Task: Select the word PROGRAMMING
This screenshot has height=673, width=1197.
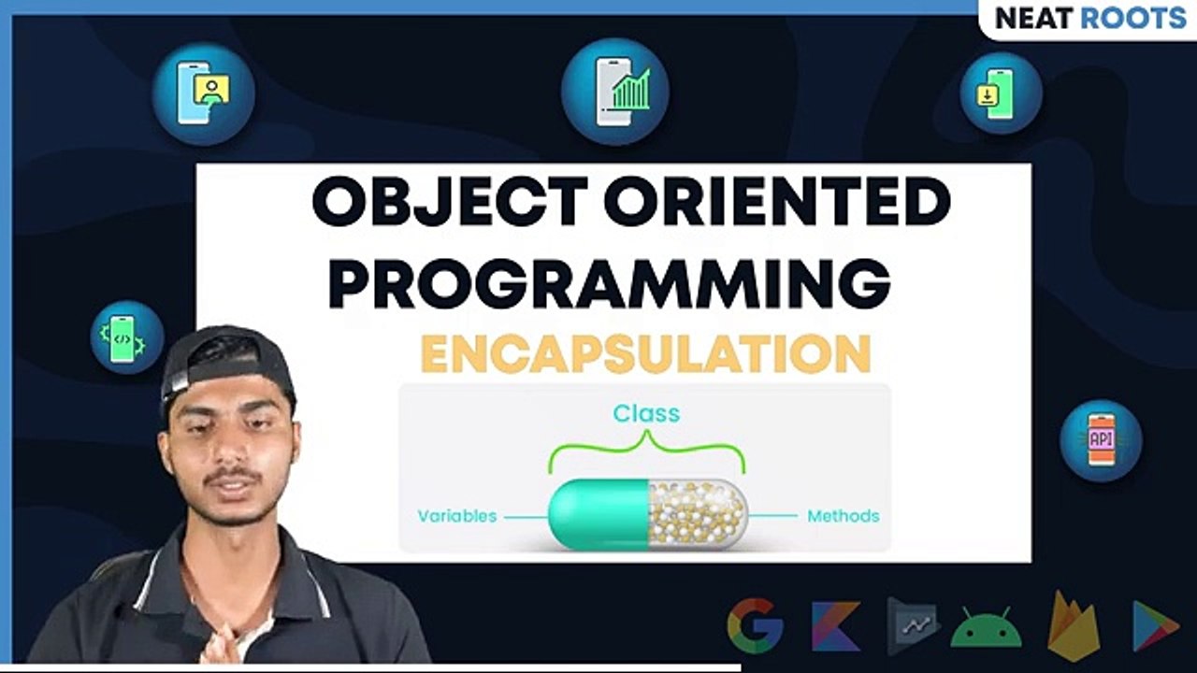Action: click(x=609, y=285)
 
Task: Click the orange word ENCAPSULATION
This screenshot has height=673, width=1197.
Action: click(x=645, y=354)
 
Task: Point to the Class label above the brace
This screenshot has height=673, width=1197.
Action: click(x=646, y=413)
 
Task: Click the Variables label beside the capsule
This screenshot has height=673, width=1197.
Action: click(x=456, y=516)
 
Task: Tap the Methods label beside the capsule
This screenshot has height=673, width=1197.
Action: click(x=843, y=516)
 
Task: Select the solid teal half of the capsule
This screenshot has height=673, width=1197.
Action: click(x=598, y=514)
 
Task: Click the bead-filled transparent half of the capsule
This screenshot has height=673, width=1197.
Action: click(x=698, y=514)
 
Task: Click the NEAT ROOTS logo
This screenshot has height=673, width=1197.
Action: click(x=1089, y=18)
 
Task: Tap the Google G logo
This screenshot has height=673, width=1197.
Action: click(x=755, y=625)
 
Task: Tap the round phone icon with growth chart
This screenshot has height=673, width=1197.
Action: click(x=614, y=92)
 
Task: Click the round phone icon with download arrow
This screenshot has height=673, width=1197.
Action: click(x=1001, y=93)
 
